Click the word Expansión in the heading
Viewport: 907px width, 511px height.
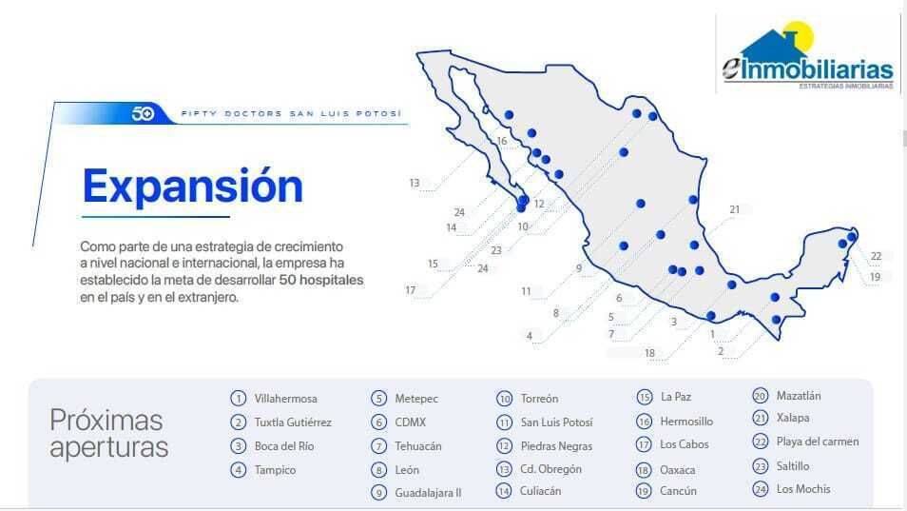point(193,186)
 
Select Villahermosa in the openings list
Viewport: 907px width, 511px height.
point(286,399)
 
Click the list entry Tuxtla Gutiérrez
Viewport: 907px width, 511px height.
point(293,423)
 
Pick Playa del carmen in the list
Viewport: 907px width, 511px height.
point(818,442)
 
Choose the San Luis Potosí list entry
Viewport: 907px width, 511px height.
point(556,423)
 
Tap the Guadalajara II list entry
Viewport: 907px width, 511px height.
point(428,493)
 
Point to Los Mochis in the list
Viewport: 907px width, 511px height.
point(802,489)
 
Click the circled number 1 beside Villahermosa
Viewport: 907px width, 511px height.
point(238,398)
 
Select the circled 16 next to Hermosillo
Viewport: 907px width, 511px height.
point(644,422)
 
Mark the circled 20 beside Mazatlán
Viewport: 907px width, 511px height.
point(760,395)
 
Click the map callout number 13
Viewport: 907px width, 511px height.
point(415,183)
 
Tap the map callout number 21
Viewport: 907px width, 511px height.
point(735,209)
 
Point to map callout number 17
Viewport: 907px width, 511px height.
point(410,290)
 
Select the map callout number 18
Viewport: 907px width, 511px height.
point(649,353)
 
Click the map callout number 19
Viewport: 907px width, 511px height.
point(875,277)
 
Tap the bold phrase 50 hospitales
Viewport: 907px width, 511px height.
point(321,280)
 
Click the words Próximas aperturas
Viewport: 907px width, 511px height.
point(108,434)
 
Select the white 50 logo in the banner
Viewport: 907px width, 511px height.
point(143,113)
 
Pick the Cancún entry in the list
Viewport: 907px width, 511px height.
point(678,491)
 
